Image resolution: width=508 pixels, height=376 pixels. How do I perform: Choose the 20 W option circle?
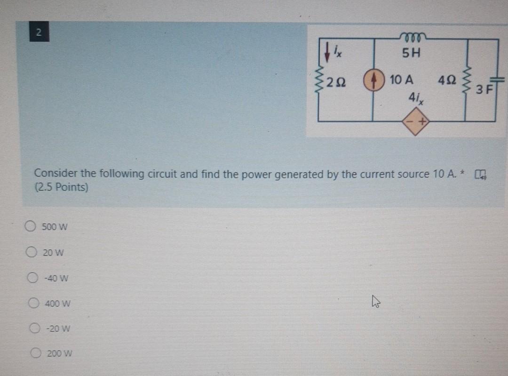[31, 252]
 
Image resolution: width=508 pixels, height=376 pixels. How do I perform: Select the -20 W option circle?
[35, 328]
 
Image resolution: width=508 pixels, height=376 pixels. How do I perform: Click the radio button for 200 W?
[36, 353]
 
